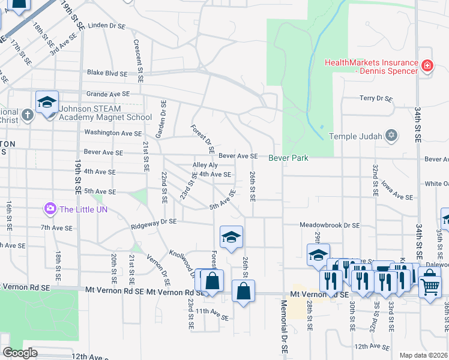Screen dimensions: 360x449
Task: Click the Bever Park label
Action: click(x=288, y=158)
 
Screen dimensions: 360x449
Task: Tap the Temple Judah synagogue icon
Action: click(x=391, y=136)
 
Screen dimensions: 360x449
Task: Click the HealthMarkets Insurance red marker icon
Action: click(x=427, y=65)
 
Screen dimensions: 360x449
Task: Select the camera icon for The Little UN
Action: click(x=50, y=209)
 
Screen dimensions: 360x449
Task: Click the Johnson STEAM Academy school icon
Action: click(x=47, y=101)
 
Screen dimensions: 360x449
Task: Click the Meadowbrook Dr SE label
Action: click(x=330, y=225)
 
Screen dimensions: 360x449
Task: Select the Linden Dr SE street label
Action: click(x=107, y=26)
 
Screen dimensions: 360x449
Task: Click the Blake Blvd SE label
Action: click(x=107, y=73)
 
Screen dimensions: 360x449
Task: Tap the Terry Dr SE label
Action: click(x=375, y=98)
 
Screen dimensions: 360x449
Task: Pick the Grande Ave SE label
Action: click(x=108, y=94)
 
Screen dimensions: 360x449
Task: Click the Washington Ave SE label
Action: click(x=113, y=133)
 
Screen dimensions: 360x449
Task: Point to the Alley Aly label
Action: click(x=205, y=165)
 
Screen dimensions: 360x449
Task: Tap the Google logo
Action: click(x=20, y=353)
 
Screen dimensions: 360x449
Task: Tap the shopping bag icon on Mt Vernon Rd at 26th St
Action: click(x=243, y=292)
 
